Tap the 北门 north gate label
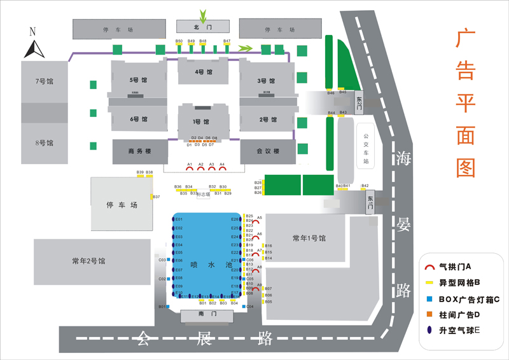202,27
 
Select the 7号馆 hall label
45,81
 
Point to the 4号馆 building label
203,72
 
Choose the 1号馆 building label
202,121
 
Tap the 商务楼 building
140,152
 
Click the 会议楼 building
268,152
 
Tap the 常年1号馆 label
309,239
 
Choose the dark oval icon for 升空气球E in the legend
430,329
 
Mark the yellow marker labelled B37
151,197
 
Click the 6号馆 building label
139,120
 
